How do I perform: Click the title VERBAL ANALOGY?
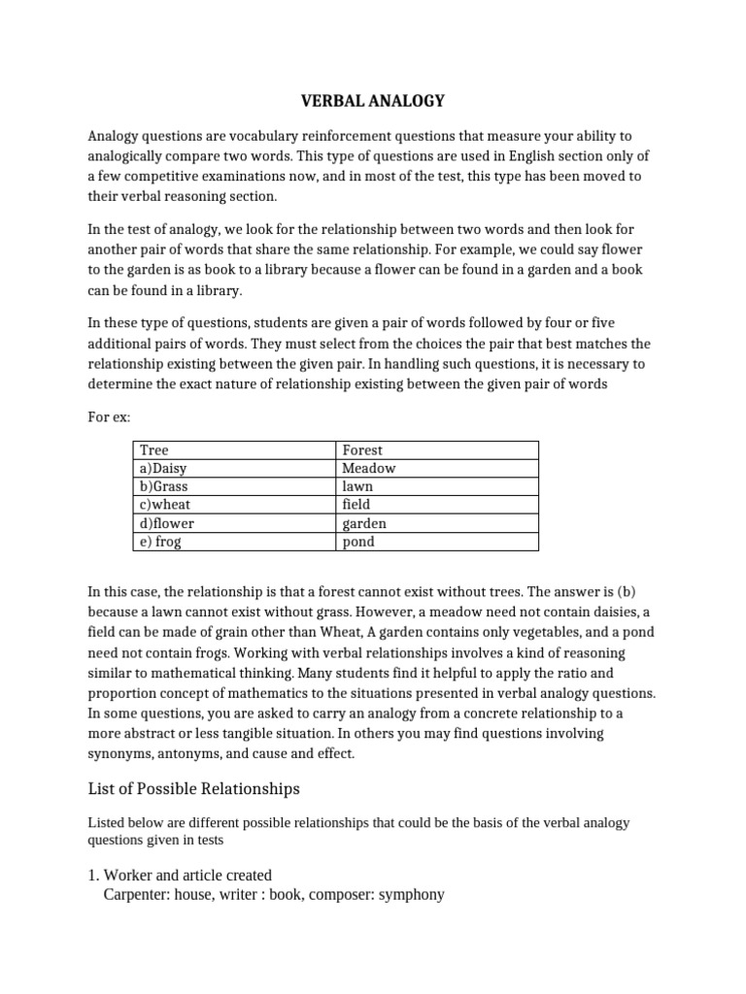tap(372, 100)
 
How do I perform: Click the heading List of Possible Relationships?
tap(193, 787)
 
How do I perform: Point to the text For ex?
tap(109, 416)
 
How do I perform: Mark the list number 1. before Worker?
tap(93, 875)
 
